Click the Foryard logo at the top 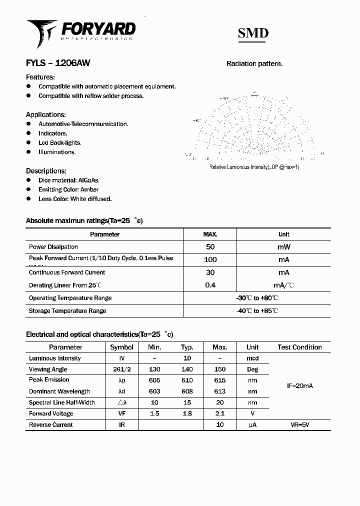[x=80, y=32]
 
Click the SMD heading [x=252, y=33]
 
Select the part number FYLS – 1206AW [x=58, y=63]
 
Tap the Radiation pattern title [x=254, y=63]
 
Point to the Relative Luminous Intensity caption [x=254, y=167]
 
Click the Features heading [x=40, y=77]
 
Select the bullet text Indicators [x=53, y=133]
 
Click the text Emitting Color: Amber [x=68, y=189]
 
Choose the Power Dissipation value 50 [x=210, y=247]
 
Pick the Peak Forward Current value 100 [x=210, y=259]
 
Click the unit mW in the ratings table [x=283, y=247]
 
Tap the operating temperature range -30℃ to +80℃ [x=257, y=298]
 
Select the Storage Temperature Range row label [x=67, y=311]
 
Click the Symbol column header [x=121, y=347]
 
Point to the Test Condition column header [x=299, y=347]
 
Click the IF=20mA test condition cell [x=299, y=386]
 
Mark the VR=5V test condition [x=299, y=425]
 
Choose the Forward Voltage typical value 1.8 [x=187, y=413]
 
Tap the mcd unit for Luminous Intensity [x=252, y=358]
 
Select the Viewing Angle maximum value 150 [x=219, y=369]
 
